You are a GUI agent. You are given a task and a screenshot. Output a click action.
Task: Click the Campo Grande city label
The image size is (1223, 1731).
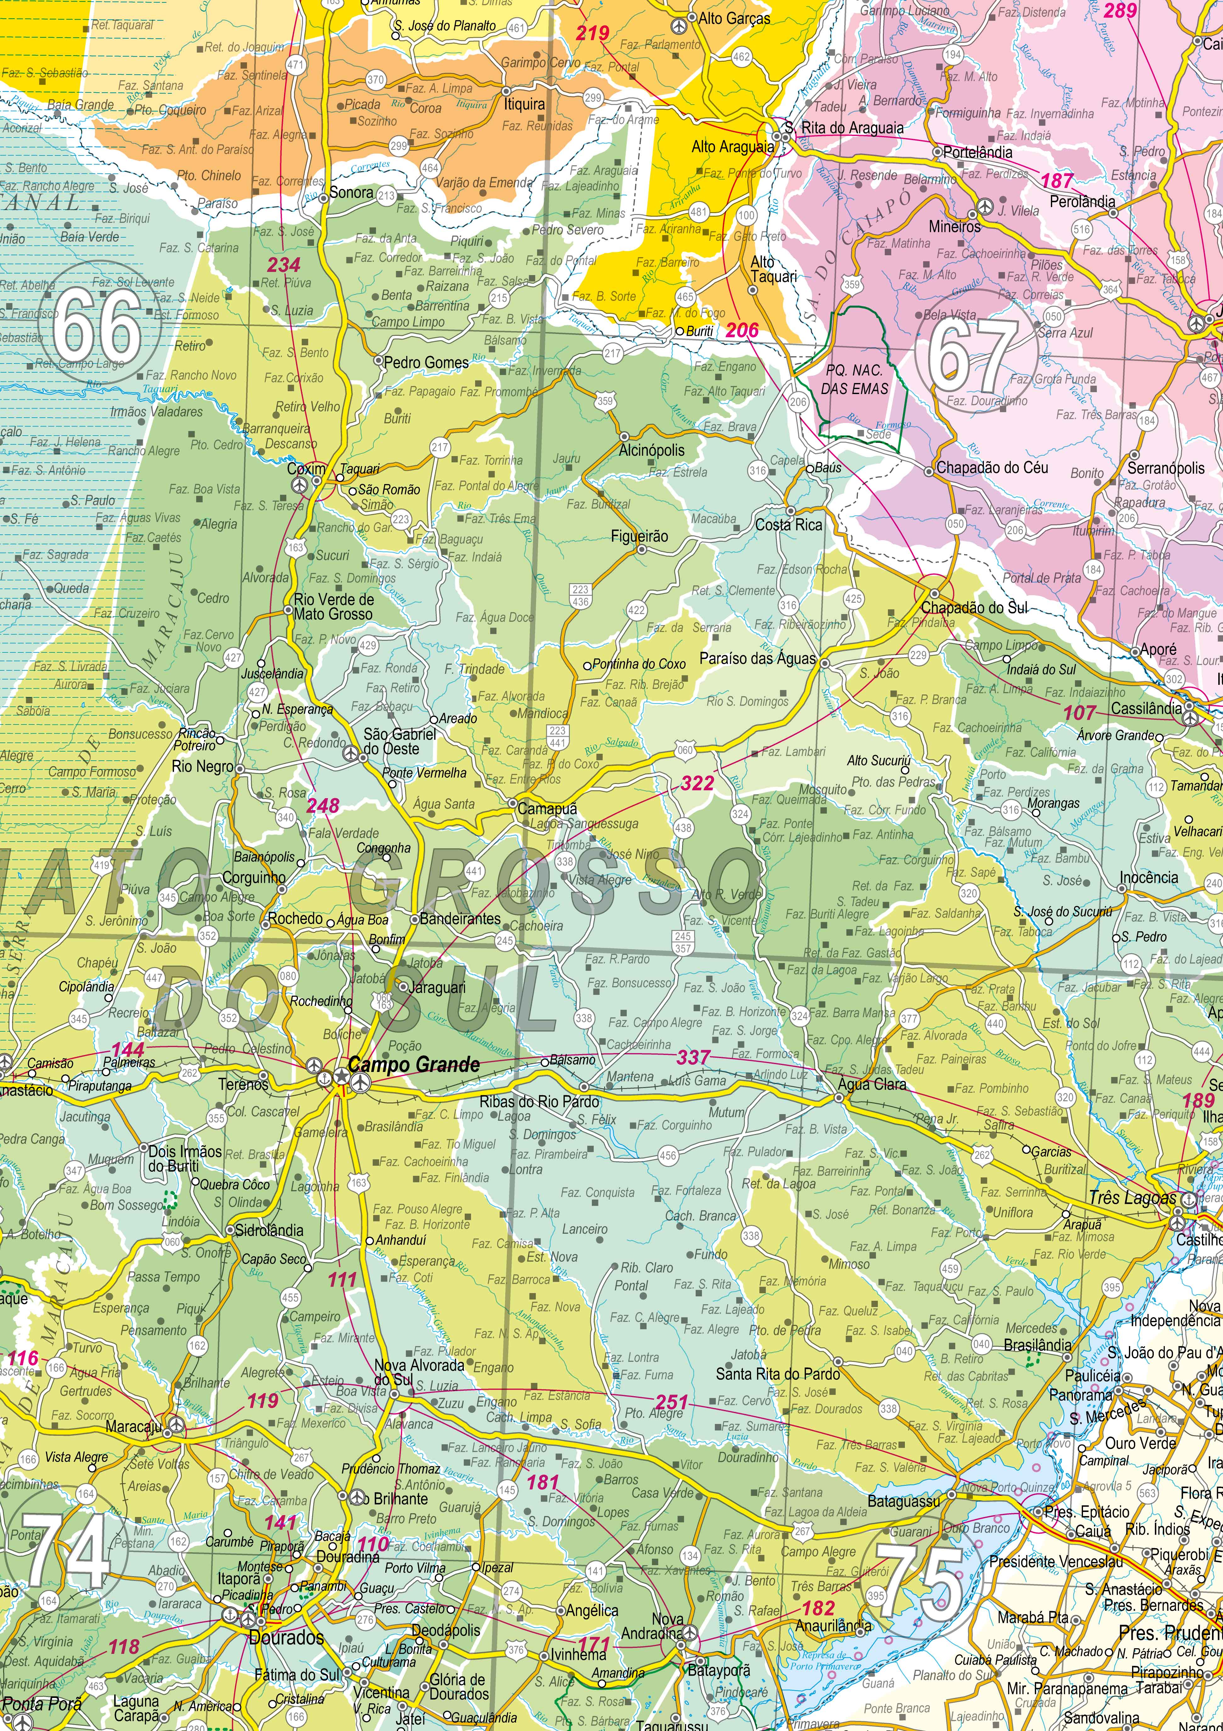click(414, 1064)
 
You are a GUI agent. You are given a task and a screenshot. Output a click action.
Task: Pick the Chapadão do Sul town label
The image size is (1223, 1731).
click(974, 608)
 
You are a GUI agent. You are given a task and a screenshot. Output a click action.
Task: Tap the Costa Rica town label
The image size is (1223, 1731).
click(789, 525)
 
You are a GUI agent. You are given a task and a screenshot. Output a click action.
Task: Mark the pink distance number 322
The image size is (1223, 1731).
click(697, 783)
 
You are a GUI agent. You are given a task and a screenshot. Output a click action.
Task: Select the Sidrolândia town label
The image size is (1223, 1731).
click(269, 1230)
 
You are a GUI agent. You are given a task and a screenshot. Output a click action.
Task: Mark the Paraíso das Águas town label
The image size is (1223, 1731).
click(757, 658)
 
